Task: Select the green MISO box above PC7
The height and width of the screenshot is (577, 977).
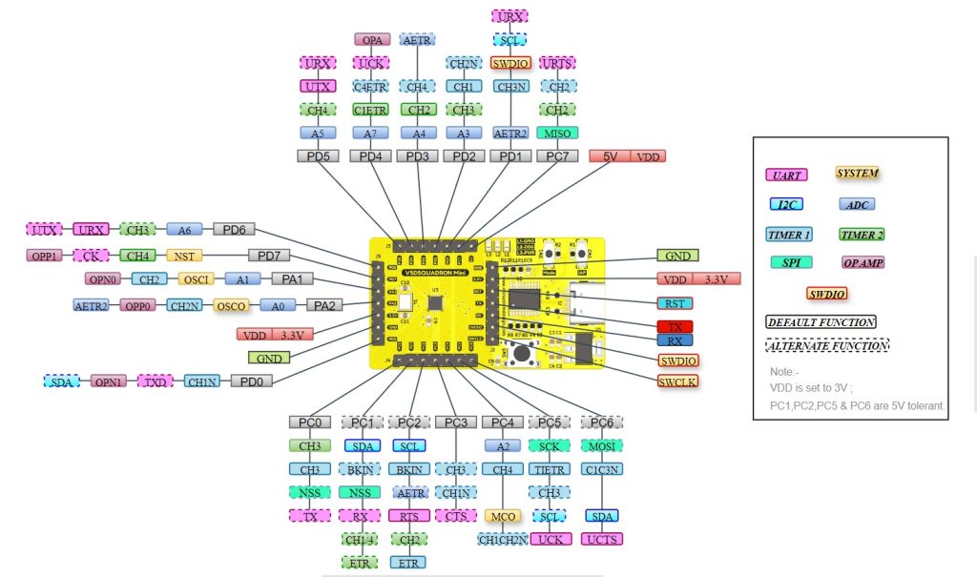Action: [554, 133]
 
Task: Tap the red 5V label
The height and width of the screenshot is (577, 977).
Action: [609, 155]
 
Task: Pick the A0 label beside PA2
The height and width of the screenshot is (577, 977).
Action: [278, 305]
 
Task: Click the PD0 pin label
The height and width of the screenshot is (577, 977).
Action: [251, 381]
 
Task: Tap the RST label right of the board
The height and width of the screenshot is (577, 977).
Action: [676, 303]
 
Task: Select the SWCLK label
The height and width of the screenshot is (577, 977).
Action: [677, 381]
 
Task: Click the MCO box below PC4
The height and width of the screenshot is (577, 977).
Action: [503, 516]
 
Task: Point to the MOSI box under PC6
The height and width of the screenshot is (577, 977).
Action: [602, 445]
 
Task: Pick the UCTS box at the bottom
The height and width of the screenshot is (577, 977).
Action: [602, 540]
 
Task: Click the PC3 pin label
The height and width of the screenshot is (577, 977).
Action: [455, 422]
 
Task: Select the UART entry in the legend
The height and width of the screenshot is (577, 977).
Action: [787, 175]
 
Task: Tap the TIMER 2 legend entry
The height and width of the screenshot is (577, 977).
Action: [863, 234]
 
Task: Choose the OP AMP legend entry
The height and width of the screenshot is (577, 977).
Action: [863, 262]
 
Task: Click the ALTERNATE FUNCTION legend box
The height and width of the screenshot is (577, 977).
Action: [821, 346]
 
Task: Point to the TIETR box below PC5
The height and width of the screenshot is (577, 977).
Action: [550, 469]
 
